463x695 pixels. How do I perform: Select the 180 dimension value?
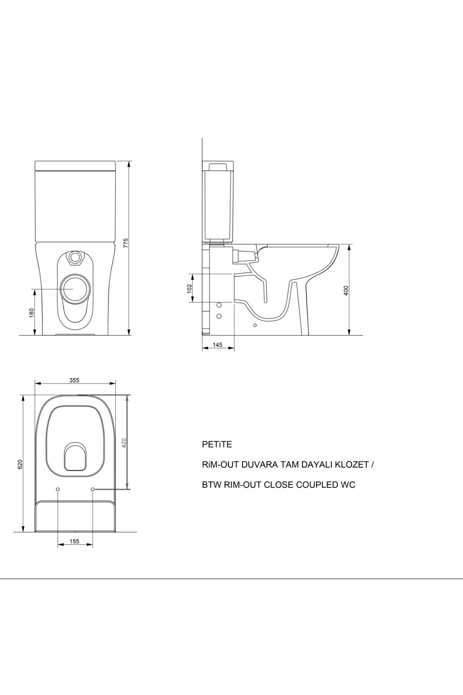(x=32, y=312)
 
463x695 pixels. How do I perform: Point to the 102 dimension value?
(x=189, y=288)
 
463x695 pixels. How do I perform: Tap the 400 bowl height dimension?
(x=346, y=291)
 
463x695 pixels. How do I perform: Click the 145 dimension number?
(x=218, y=345)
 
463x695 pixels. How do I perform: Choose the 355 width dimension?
(x=74, y=380)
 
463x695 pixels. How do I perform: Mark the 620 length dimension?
(x=20, y=464)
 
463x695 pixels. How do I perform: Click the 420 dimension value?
(x=124, y=442)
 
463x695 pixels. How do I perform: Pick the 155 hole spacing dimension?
(x=74, y=541)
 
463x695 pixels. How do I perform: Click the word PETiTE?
(x=217, y=444)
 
